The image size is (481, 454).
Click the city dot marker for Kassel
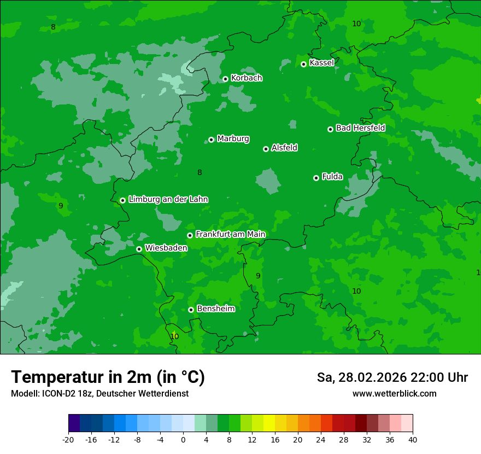(303, 64)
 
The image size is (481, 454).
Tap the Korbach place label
(247, 78)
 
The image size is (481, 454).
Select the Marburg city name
(233, 139)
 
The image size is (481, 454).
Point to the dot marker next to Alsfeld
(266, 149)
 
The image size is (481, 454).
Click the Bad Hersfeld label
(360, 128)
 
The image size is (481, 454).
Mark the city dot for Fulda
(316, 178)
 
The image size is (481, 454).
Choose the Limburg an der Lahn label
(168, 200)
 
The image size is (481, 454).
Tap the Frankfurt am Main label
(230, 235)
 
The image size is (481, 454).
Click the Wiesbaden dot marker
(139, 249)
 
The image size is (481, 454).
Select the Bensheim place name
(215, 309)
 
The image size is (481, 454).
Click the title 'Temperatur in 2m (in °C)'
(108, 377)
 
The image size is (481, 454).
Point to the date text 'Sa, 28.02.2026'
(361, 377)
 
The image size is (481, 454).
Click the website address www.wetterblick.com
(394, 394)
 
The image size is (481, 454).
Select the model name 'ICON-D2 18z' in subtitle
(64, 394)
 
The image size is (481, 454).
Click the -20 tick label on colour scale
(68, 440)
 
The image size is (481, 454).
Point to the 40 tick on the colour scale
(413, 440)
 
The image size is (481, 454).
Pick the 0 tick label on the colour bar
(183, 440)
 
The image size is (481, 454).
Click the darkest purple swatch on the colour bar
(74, 423)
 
